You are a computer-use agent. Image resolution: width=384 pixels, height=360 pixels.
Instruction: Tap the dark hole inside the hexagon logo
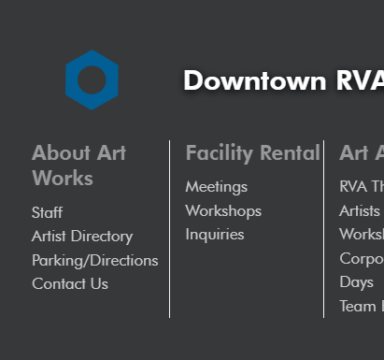tap(92, 80)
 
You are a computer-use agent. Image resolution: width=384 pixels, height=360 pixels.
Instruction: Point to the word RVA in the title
tap(361, 80)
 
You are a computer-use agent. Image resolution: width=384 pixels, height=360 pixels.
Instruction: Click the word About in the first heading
tap(62, 152)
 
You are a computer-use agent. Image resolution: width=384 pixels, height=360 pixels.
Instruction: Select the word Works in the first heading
tap(63, 178)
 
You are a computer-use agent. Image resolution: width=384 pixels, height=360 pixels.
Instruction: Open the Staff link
tap(47, 212)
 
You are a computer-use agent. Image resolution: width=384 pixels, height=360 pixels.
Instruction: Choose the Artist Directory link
tap(82, 237)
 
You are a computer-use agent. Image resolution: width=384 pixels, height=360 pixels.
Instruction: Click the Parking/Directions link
tap(94, 260)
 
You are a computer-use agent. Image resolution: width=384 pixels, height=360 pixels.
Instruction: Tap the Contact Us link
tap(70, 283)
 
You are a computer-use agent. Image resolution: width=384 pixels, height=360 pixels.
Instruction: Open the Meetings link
tap(216, 187)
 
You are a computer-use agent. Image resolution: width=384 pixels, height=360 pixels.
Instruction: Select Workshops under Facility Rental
tap(223, 210)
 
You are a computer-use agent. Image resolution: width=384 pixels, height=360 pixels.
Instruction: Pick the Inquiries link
tap(215, 234)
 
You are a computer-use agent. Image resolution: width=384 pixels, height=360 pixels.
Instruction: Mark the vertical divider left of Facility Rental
tap(169, 229)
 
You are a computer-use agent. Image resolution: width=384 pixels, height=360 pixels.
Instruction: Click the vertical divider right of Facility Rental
tap(324, 229)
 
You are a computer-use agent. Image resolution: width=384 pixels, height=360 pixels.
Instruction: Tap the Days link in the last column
tap(356, 281)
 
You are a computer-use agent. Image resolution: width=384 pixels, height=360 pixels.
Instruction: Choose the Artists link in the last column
tap(360, 210)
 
